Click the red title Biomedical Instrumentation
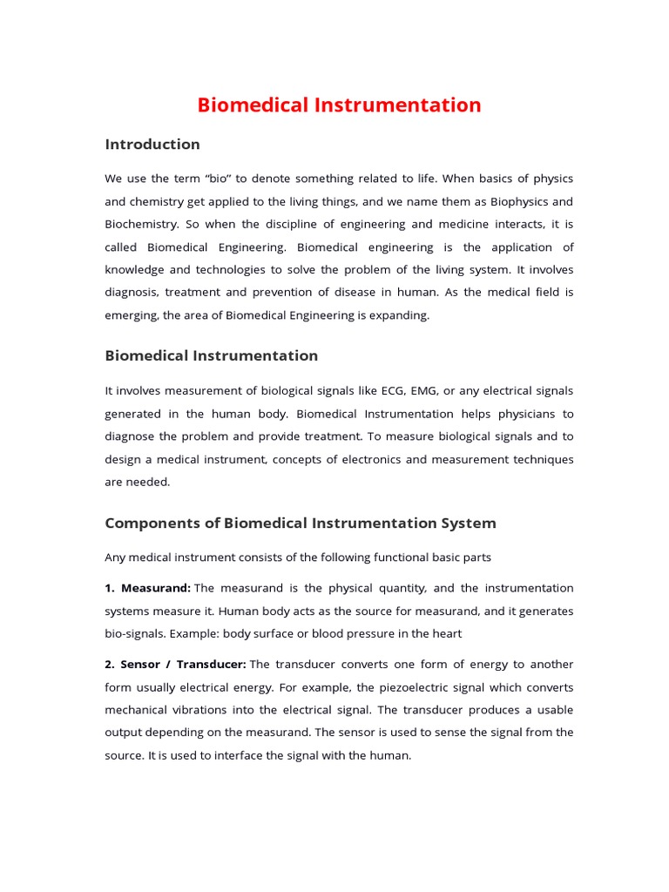click(339, 105)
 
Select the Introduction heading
click(152, 145)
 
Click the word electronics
click(389, 459)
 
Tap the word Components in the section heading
click(150, 524)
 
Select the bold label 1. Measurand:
click(148, 588)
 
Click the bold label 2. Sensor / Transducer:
click(175, 665)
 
